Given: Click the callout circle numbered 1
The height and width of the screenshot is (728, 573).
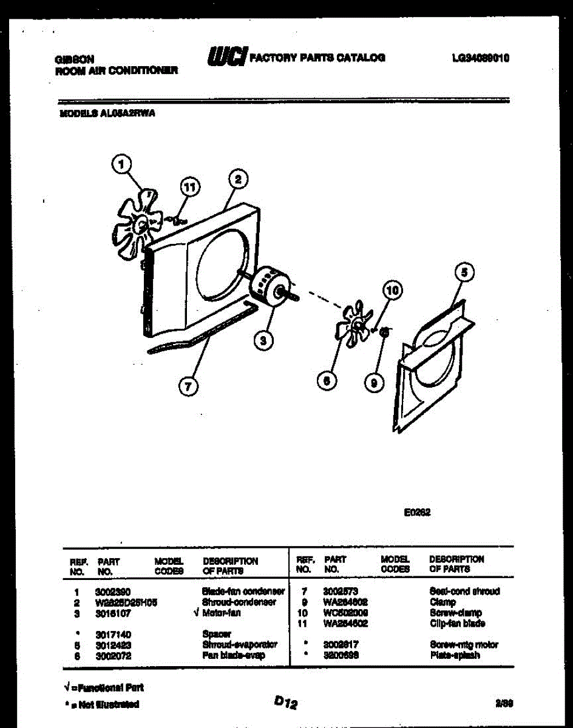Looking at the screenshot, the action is [123, 163].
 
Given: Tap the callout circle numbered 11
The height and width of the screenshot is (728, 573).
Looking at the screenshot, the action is [191, 187].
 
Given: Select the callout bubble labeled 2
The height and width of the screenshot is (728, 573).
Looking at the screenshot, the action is [238, 179].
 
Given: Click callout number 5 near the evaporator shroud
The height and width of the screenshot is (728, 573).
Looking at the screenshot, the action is [464, 273].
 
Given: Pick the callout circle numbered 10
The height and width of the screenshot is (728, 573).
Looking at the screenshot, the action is [393, 291].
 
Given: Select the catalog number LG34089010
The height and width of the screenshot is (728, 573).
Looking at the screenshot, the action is [480, 58].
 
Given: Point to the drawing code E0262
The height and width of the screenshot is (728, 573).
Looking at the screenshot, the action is [417, 512].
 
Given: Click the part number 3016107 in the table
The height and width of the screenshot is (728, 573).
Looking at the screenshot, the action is [113, 613].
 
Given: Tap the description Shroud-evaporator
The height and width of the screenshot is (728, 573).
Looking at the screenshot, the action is [240, 645].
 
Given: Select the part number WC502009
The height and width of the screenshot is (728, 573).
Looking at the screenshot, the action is [345, 613].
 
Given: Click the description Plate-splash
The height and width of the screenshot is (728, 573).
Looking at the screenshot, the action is [455, 655].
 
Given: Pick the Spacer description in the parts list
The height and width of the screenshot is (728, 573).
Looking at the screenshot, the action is [217, 634].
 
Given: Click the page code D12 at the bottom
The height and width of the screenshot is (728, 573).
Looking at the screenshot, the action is [285, 703].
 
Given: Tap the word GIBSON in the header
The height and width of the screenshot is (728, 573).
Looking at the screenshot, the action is [75, 59].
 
